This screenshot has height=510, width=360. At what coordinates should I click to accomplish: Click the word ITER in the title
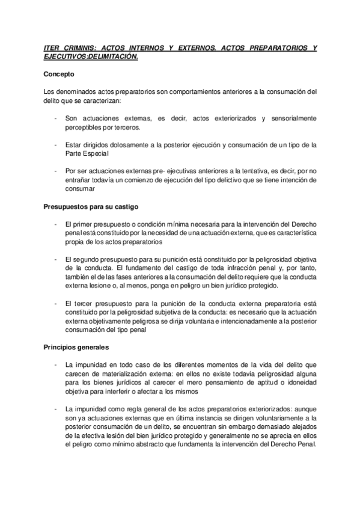pos(53,47)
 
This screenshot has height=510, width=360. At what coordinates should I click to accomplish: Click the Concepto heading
pos(59,75)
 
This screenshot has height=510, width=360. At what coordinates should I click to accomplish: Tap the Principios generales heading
pos(76,347)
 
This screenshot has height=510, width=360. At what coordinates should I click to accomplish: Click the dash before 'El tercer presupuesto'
pos(56,304)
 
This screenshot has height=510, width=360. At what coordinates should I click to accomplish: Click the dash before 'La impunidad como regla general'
pos(56,410)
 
